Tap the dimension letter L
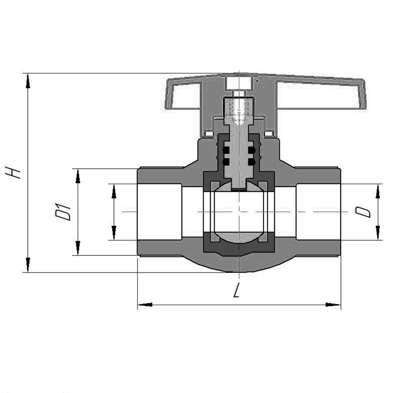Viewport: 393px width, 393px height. (236, 290)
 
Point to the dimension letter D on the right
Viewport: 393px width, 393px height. (362, 212)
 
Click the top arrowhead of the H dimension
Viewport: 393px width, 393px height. (28, 81)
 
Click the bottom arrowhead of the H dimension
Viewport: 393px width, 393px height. (28, 265)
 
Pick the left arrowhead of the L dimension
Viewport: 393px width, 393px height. (145, 305)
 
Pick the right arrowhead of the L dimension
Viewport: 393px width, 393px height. (333, 305)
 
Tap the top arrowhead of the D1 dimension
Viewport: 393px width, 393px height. (78, 176)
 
